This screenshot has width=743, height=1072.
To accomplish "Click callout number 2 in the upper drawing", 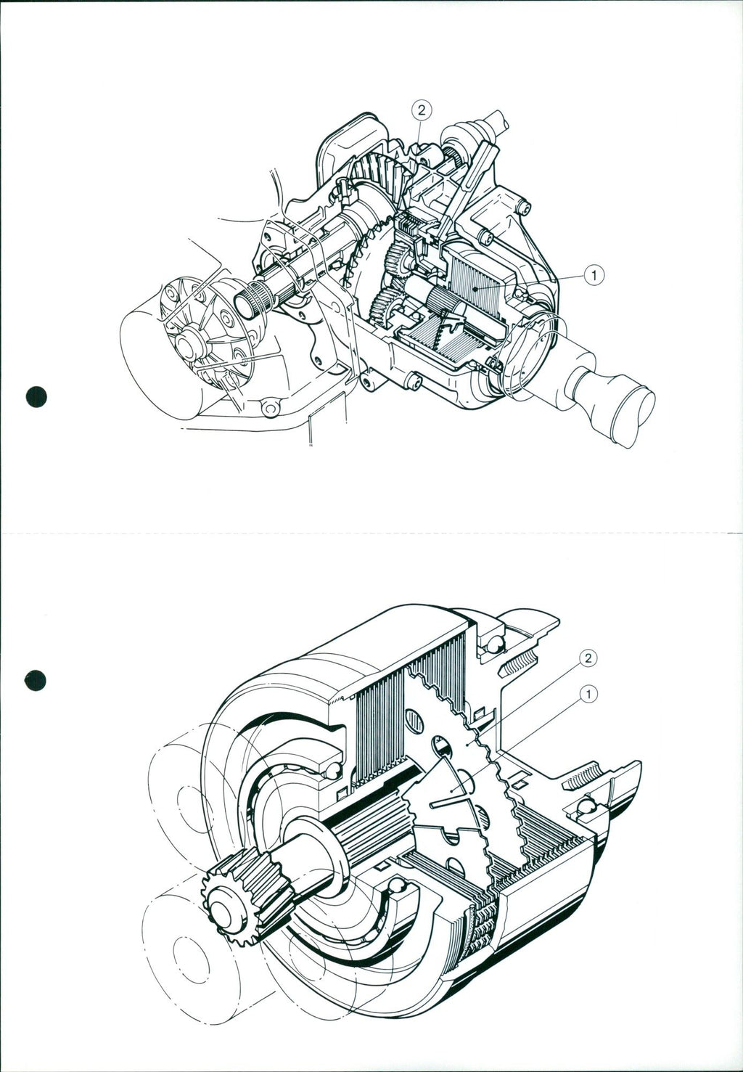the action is coord(421,110).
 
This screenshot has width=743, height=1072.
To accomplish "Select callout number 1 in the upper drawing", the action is coord(594,275).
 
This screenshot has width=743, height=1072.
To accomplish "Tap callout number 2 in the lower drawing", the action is coord(588,658).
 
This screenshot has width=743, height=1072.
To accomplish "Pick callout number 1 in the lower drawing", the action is coord(588,694).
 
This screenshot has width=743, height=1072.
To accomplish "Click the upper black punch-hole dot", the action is coord(36,397).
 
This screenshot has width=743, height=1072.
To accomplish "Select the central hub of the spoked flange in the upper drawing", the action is coord(187,345).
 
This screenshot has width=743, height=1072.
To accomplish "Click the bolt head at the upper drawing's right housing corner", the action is coord(525,207).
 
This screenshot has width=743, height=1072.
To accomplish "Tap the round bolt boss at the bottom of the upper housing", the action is coord(269,408).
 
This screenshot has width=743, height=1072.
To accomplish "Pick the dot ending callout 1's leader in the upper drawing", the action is coord(474,289).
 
